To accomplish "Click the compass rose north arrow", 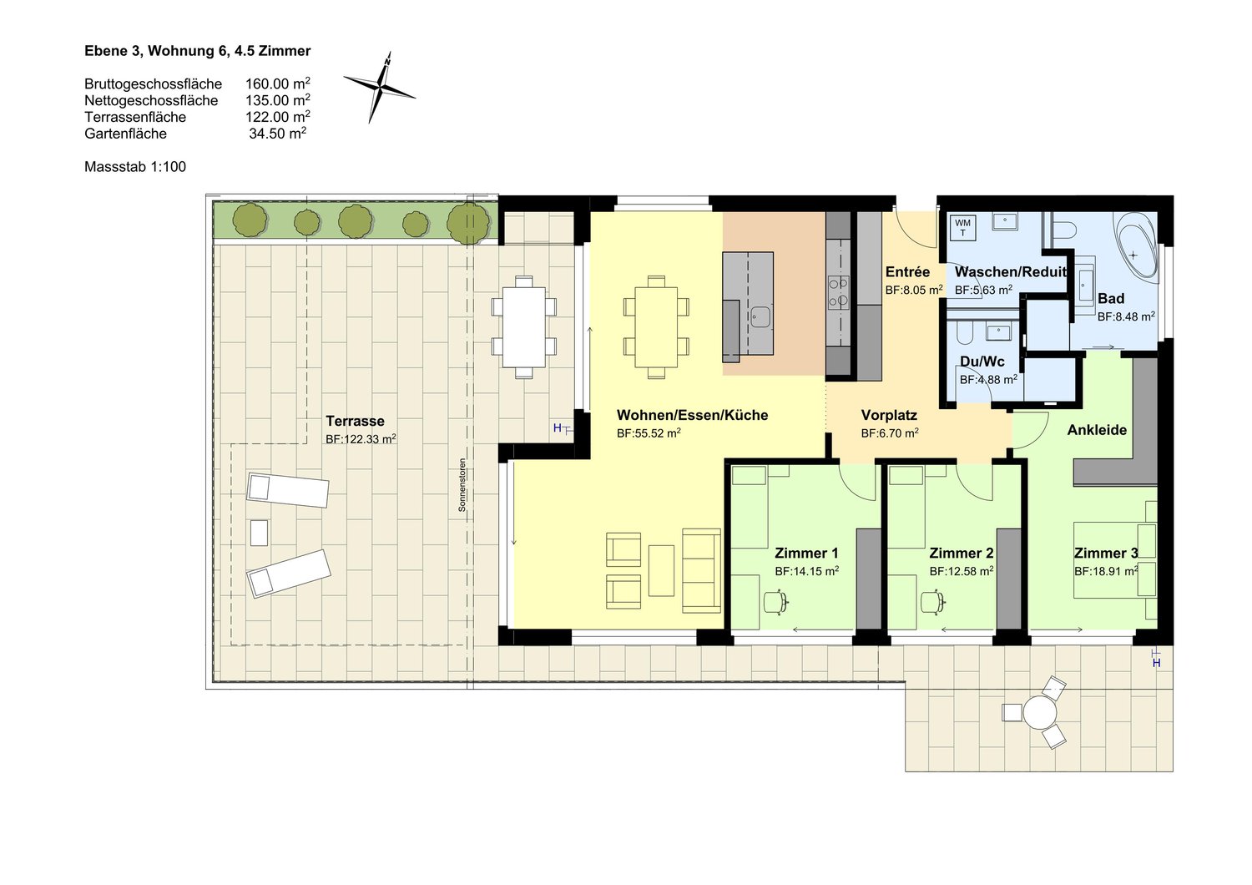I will click(380, 86).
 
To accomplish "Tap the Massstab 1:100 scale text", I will click(135, 167).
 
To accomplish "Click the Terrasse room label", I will click(355, 421).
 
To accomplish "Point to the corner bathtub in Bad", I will click(1137, 247).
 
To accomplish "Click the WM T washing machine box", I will click(962, 228).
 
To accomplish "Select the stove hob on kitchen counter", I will click(838, 291).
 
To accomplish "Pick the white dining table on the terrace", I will click(523, 326).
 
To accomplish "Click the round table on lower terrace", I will click(1040, 713).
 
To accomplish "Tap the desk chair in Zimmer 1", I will click(776, 601).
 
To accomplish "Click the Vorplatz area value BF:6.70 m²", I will click(890, 433).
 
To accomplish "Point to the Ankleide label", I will click(1097, 430).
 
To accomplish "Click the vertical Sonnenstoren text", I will click(462, 485).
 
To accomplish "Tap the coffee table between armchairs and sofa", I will click(661, 570).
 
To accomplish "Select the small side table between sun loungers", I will click(259, 533).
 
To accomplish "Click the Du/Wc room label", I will click(982, 362).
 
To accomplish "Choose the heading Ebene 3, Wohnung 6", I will click(197, 51).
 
